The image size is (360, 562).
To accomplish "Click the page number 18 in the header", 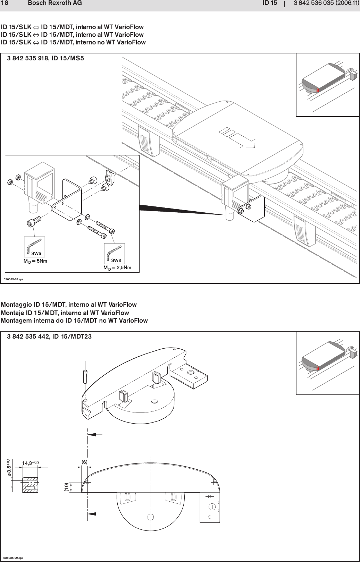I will tap(4, 3).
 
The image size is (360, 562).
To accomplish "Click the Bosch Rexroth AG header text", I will tap(55, 3).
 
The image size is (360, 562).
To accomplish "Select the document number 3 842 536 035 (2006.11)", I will tap(326, 3).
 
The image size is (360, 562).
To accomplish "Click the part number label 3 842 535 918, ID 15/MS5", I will tap(45, 59).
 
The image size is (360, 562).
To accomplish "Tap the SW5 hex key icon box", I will tap(34, 247).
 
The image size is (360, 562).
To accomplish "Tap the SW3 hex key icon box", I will tap(115, 254).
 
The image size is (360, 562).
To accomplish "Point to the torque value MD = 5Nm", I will tap(35, 261).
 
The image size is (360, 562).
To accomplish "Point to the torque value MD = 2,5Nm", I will tap(117, 268).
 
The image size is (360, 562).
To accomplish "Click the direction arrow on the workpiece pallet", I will tap(237, 137).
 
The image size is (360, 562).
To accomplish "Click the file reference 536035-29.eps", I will tap(13, 557).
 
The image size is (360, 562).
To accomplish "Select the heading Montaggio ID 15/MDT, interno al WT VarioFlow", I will tap(69, 305).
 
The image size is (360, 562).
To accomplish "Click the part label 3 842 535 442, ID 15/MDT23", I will tap(49, 336).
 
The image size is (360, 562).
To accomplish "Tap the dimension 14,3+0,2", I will tap(31, 463).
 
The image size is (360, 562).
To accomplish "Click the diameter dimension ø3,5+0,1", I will tap(9, 467).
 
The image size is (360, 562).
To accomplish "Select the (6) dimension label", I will tap(84, 462).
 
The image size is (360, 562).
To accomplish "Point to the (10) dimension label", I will tap(66, 487).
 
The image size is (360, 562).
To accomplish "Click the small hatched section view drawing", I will tap(30, 485).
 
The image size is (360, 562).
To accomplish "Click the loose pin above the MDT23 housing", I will tap(85, 376).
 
